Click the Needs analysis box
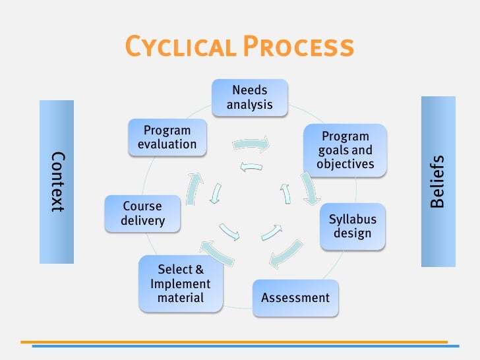pos(249,96)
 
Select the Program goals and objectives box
pos(345,150)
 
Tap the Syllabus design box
pos(352,227)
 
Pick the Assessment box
pos(295,297)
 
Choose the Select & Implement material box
pos(181,284)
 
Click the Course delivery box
pos(142,213)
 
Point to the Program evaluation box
pos(167,137)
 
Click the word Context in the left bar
pos(57,181)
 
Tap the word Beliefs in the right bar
pos(437,181)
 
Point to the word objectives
pos(345,164)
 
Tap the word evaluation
pos(167,144)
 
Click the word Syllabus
pos(352,220)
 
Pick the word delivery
pos(142,221)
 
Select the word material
pos(181,298)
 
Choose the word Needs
pos(249,90)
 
